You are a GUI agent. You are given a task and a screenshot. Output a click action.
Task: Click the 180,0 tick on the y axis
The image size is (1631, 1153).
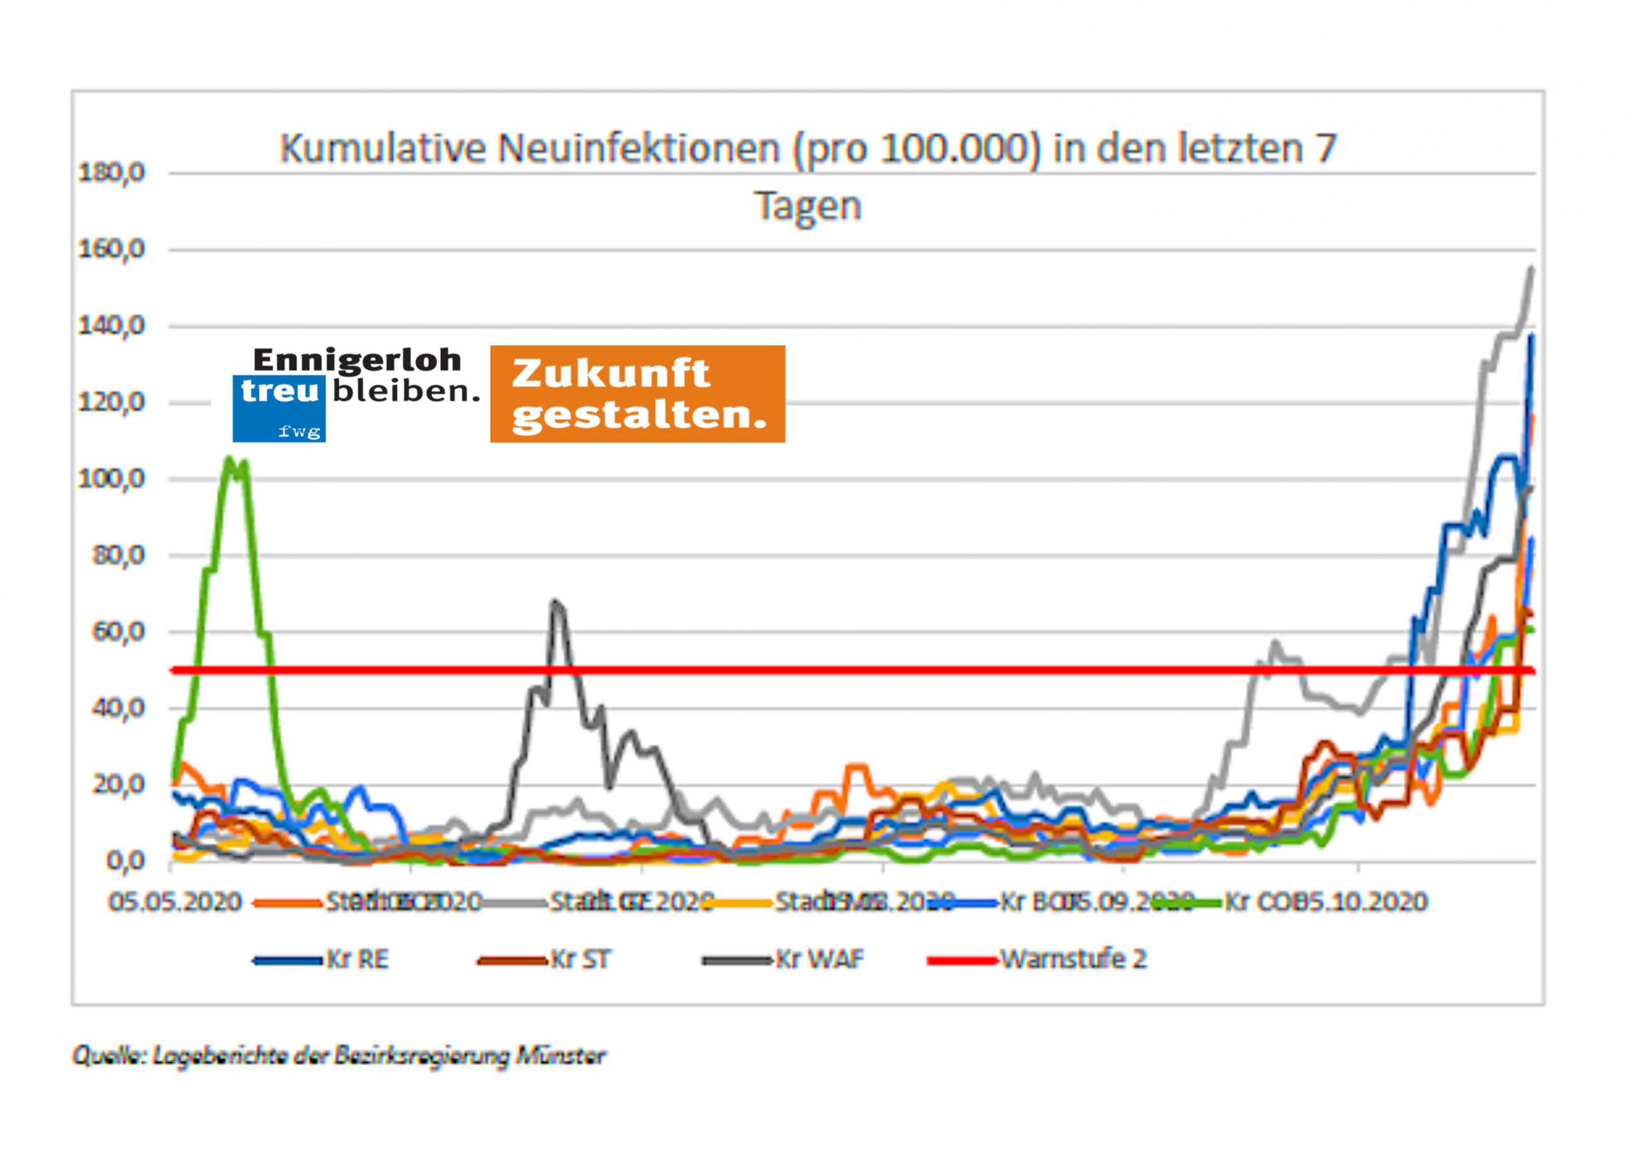coord(111,173)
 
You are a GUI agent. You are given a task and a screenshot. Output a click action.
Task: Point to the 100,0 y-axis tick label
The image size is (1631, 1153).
coord(111,479)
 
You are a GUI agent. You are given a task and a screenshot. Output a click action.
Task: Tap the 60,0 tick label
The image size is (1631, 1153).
coord(118,631)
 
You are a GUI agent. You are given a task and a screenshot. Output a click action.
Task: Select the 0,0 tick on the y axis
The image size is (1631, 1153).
coord(125,862)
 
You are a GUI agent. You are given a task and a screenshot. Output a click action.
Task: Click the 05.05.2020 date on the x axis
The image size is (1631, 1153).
coord(175,902)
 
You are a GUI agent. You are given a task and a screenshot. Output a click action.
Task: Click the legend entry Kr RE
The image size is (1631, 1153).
coord(357,960)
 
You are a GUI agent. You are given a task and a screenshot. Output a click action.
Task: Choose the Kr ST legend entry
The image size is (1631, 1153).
coord(580,960)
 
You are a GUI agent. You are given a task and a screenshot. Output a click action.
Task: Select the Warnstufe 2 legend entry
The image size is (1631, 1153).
coord(1074,960)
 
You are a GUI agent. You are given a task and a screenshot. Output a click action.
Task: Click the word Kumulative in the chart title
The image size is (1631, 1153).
coord(382,149)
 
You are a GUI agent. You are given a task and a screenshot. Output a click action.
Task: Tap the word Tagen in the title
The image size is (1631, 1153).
coord(808,206)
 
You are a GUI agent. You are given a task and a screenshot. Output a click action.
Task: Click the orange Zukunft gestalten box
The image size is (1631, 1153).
coord(637,394)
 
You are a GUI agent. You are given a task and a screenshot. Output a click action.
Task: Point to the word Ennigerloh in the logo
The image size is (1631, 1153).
coord(357,360)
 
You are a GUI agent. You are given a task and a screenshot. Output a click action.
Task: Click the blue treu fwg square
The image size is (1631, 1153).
coord(279,408)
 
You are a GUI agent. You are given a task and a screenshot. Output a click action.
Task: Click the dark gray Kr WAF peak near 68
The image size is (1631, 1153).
coord(555,602)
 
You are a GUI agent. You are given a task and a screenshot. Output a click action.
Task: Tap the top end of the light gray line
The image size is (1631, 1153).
coord(1530,269)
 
